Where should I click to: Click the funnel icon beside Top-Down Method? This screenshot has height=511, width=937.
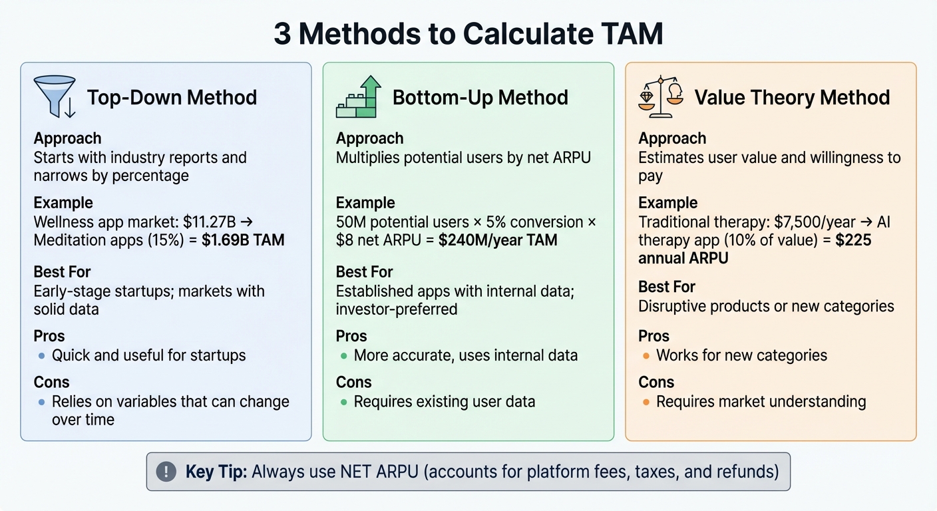point(54,97)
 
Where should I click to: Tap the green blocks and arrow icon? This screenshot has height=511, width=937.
point(359,97)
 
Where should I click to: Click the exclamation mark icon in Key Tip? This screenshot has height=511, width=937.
point(166,472)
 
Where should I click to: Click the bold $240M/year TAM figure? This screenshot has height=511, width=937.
point(498,240)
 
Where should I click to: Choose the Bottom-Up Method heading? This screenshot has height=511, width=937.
point(480,98)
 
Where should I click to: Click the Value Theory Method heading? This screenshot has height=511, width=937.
point(792,98)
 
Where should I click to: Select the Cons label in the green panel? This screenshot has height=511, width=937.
point(354,382)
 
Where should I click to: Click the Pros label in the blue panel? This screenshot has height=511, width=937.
point(49,336)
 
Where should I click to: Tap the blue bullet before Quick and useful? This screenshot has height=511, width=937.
point(41,356)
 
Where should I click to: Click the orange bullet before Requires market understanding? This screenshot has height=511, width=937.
point(646,402)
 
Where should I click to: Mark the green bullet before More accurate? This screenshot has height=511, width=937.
point(343,356)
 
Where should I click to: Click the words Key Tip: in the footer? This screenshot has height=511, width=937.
point(214,472)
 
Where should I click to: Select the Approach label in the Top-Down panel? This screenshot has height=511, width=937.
point(67,138)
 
